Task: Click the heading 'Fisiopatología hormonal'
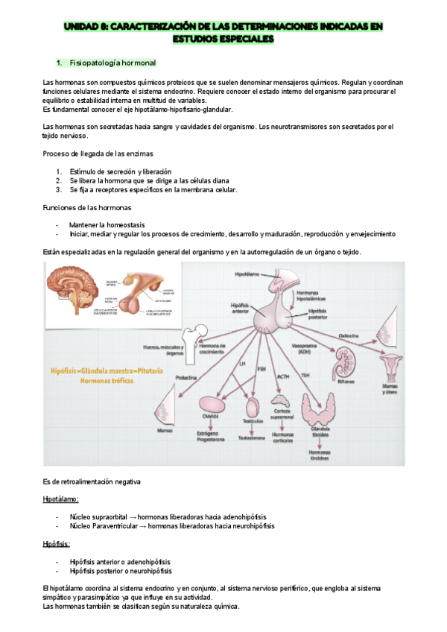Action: (113, 62)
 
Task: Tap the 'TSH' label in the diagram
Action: (305, 374)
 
